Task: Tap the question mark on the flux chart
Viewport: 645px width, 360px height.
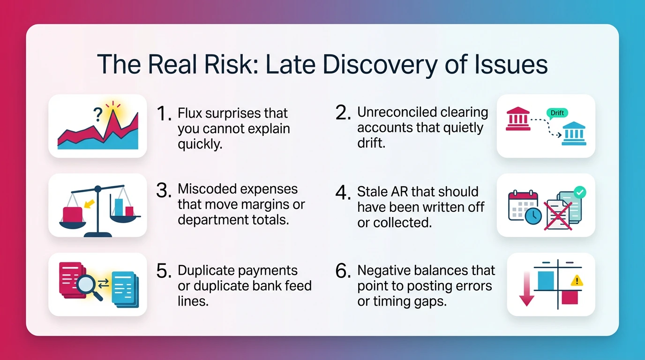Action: click(x=98, y=115)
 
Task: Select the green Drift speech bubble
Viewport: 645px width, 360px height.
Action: click(x=557, y=113)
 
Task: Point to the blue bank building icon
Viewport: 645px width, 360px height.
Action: click(x=574, y=135)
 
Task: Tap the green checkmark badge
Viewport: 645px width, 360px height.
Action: click(x=580, y=192)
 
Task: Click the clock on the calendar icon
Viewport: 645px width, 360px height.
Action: click(x=533, y=216)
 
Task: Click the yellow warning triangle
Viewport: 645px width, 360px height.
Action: click(x=576, y=281)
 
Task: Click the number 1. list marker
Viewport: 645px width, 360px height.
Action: click(x=164, y=113)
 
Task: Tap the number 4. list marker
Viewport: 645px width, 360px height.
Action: click(x=344, y=192)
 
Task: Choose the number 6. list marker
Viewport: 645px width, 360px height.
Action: click(x=344, y=271)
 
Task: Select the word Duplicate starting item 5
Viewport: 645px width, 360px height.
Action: click(x=208, y=271)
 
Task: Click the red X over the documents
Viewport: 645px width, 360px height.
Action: click(x=558, y=216)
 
